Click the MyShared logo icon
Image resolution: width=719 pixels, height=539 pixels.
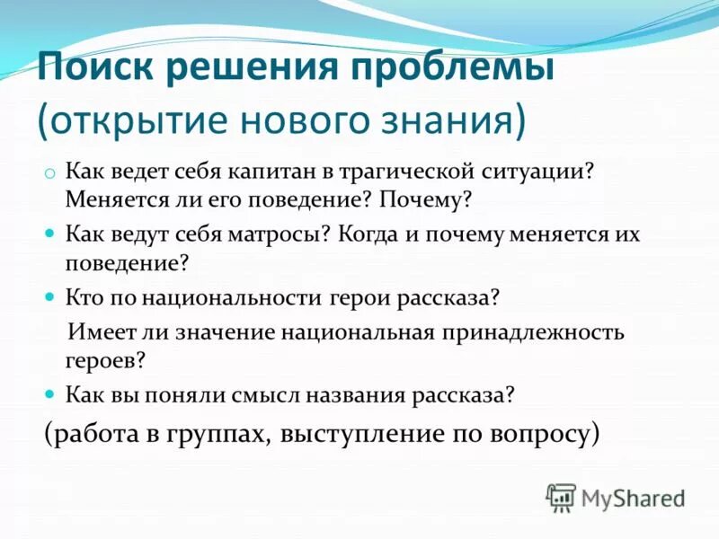(x=561, y=497)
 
